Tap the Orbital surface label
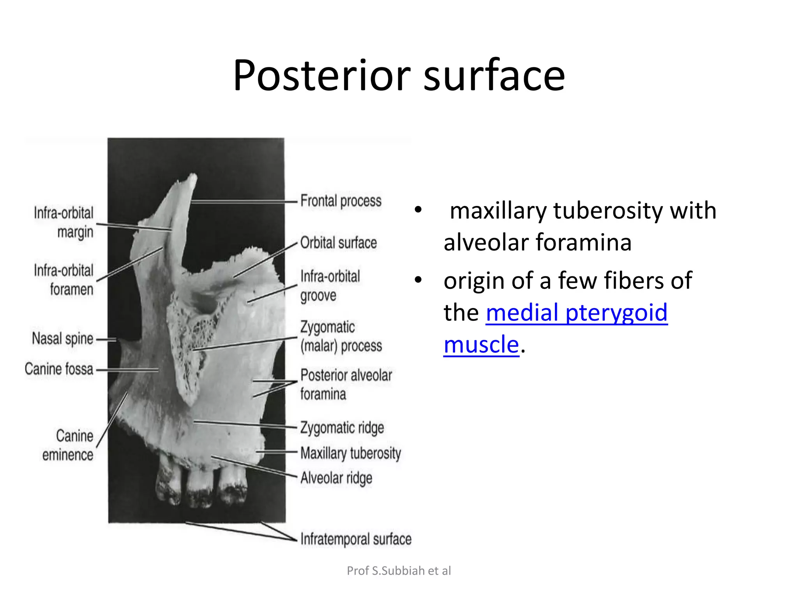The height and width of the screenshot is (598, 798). coord(338,243)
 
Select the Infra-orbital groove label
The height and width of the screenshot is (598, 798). coord(330,286)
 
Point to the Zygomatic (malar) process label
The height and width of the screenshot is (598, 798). coord(341,336)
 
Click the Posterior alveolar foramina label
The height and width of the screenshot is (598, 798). coord(346,384)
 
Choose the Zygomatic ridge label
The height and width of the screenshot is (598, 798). coord(342,427)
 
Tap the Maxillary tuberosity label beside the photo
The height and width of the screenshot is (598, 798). coord(350,453)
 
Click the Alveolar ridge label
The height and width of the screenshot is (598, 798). coord(336,478)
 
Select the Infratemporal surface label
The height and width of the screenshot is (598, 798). coord(355,539)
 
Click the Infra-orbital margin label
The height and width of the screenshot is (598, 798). coord(64,222)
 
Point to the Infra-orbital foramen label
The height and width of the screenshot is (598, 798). coord(64,280)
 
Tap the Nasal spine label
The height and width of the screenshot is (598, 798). coord(62,339)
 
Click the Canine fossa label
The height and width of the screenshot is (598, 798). coord(59,369)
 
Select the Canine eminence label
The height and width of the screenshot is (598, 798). coord(68,445)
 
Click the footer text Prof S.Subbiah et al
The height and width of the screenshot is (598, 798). coord(399,571)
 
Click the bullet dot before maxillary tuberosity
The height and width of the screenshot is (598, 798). coord(418,210)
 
